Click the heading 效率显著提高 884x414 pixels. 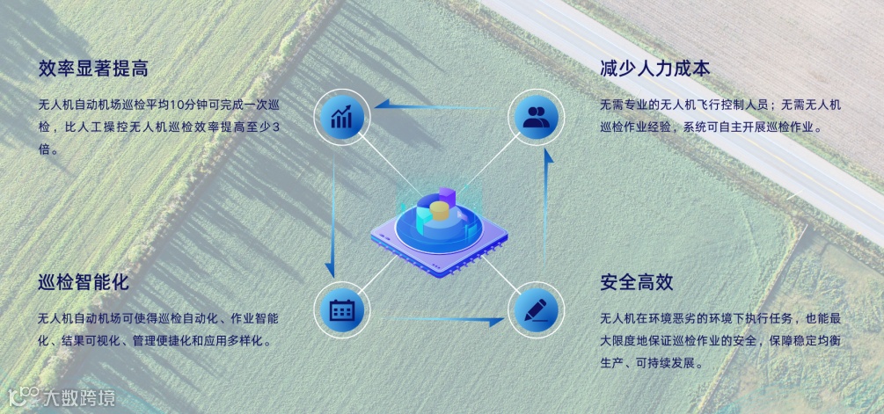tap(91, 69)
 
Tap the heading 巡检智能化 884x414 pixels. tap(84, 283)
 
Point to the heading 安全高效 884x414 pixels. tap(637, 283)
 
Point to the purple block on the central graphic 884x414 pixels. tap(448, 193)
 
